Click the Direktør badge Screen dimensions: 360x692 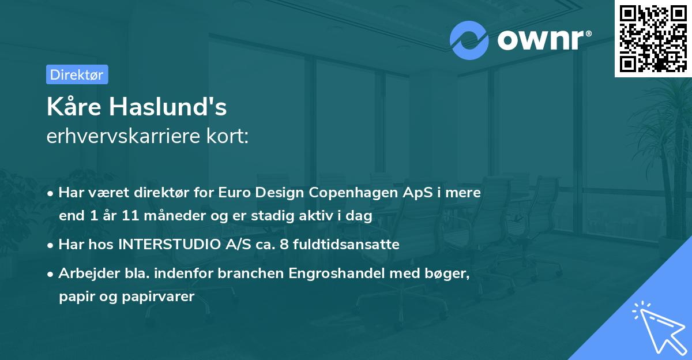click(77, 74)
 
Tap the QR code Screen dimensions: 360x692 click(652, 38)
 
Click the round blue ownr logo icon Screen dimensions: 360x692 click(469, 40)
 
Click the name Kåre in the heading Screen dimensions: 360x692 click(73, 108)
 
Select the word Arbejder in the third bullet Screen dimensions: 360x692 click(82, 273)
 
